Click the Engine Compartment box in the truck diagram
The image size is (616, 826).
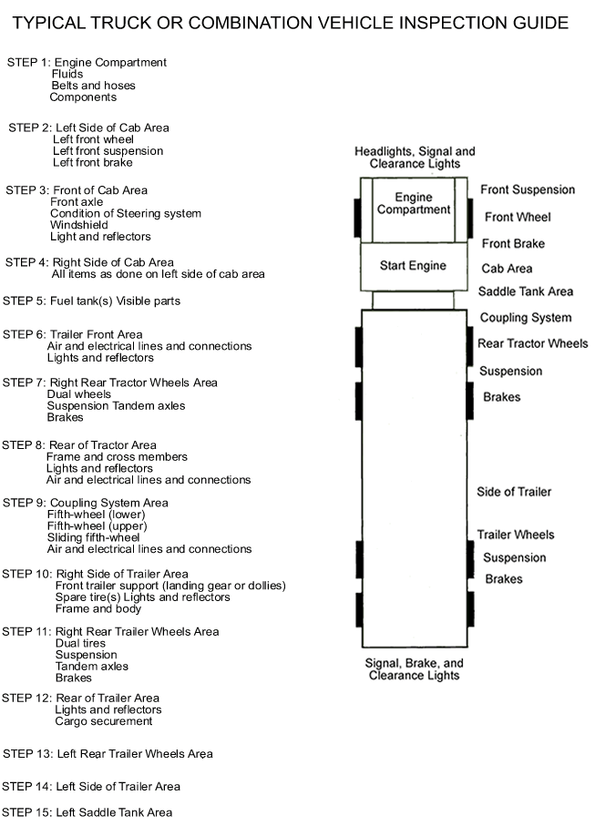pyautogui.click(x=413, y=209)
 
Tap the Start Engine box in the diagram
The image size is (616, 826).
pyautogui.click(x=414, y=267)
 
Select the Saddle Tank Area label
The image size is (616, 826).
pyautogui.click(x=526, y=291)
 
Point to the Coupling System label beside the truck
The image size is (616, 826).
pyautogui.click(x=526, y=318)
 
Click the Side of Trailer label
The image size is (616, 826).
pyautogui.click(x=514, y=492)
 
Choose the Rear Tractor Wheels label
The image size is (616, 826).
pyautogui.click(x=533, y=343)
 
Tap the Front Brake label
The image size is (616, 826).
pyautogui.click(x=513, y=243)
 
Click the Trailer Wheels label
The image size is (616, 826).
pyautogui.click(x=516, y=535)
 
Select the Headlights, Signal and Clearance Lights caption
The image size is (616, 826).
pyautogui.click(x=415, y=158)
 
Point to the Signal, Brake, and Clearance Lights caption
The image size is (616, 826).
pyautogui.click(x=415, y=669)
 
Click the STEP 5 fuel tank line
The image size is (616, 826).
pyautogui.click(x=91, y=301)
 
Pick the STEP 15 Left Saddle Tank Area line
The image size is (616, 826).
pyautogui.click(x=87, y=812)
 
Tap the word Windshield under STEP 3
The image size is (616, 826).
pyautogui.click(x=79, y=225)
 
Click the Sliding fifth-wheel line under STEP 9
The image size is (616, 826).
pyautogui.click(x=93, y=537)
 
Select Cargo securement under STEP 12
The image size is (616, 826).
pyautogui.click(x=103, y=721)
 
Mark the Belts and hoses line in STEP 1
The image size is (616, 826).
pyautogui.click(x=93, y=86)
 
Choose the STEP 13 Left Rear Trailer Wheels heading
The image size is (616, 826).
pyautogui.click(x=108, y=754)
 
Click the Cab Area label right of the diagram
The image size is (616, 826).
pyautogui.click(x=507, y=269)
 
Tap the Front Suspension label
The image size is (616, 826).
pyautogui.click(x=528, y=189)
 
